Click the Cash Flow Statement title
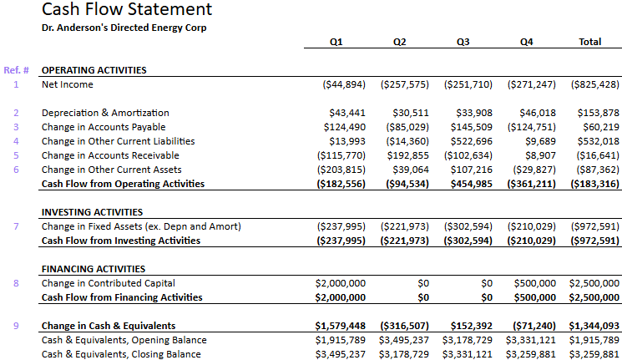point(126,10)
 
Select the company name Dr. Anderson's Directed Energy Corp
point(124,28)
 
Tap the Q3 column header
point(463,42)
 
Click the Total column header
point(589,42)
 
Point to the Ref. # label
point(17,70)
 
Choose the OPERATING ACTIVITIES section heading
point(94,70)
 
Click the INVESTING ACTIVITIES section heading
point(92,212)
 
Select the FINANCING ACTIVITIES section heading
point(93,269)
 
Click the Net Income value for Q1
point(343,84)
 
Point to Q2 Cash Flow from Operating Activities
point(404,184)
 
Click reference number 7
point(16,226)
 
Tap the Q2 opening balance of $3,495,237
point(404,340)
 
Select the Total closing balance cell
point(594,354)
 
